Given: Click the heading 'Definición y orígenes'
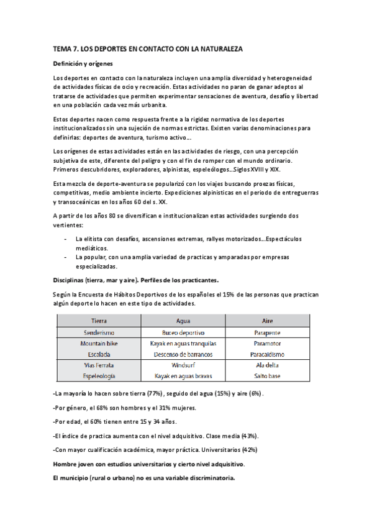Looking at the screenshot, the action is tap(83, 63).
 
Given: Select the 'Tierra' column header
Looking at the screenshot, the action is tap(99, 321).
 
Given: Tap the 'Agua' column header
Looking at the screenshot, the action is tap(183, 321).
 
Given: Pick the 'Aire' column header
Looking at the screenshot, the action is tap(268, 321).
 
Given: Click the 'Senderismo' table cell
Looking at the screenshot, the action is tap(99, 332).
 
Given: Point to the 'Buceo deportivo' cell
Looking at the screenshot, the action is tap(183, 332).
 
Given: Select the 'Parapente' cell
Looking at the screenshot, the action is tap(268, 332).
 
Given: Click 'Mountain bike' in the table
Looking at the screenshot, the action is tap(99, 343).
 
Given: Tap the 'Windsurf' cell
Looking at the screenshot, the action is tap(183, 365).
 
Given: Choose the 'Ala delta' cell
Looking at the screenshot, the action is tap(268, 365).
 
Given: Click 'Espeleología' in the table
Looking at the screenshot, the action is tap(99, 377).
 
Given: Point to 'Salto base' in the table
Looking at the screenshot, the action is tap(268, 377).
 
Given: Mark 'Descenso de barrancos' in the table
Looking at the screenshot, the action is tap(183, 354).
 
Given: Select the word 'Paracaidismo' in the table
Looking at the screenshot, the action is tap(268, 354).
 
